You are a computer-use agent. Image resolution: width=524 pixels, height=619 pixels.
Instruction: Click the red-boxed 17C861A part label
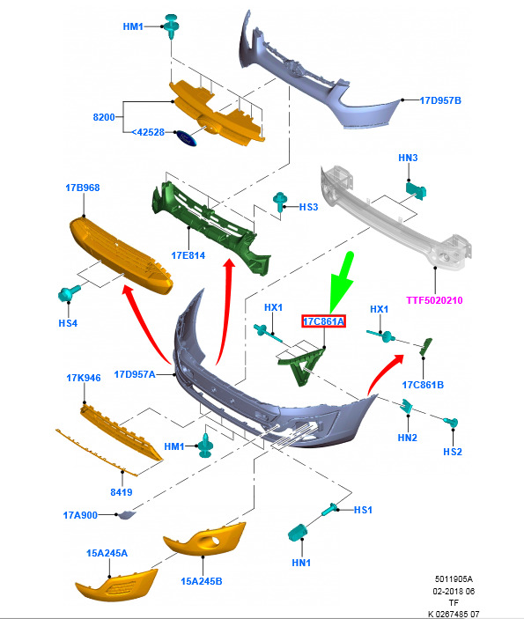[x=323, y=321]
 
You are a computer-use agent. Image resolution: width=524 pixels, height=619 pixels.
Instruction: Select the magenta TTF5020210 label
[x=434, y=300]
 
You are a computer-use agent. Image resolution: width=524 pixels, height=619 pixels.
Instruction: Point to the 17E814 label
[x=188, y=255]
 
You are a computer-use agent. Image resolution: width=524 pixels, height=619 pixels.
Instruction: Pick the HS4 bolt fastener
[x=69, y=293]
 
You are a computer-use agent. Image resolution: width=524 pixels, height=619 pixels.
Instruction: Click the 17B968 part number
[x=83, y=188]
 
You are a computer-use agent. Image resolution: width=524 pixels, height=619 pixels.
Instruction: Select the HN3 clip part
[x=416, y=190]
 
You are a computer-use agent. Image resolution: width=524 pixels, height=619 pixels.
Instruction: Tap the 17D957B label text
[x=440, y=100]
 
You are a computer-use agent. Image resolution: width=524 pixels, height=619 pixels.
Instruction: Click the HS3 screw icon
[x=280, y=202]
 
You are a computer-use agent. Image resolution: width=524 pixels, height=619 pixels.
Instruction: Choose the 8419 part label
[x=122, y=492]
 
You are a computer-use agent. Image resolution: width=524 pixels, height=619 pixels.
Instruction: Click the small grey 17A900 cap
[x=127, y=515]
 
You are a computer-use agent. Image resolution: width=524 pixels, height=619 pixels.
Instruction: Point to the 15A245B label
[x=202, y=581]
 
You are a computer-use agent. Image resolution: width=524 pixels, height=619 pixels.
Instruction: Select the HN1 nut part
[x=299, y=533]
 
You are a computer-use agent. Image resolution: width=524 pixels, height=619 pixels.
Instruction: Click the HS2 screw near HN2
[x=451, y=423]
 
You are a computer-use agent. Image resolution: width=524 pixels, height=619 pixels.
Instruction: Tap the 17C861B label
[x=423, y=385]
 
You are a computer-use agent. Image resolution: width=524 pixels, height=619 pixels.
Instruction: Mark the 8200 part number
[x=104, y=117]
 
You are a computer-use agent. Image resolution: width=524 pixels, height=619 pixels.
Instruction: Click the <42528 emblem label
[x=148, y=132]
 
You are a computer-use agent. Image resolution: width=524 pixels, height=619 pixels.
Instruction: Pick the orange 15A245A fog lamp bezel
[x=116, y=585]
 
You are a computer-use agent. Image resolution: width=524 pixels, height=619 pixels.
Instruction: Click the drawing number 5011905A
[x=454, y=579]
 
